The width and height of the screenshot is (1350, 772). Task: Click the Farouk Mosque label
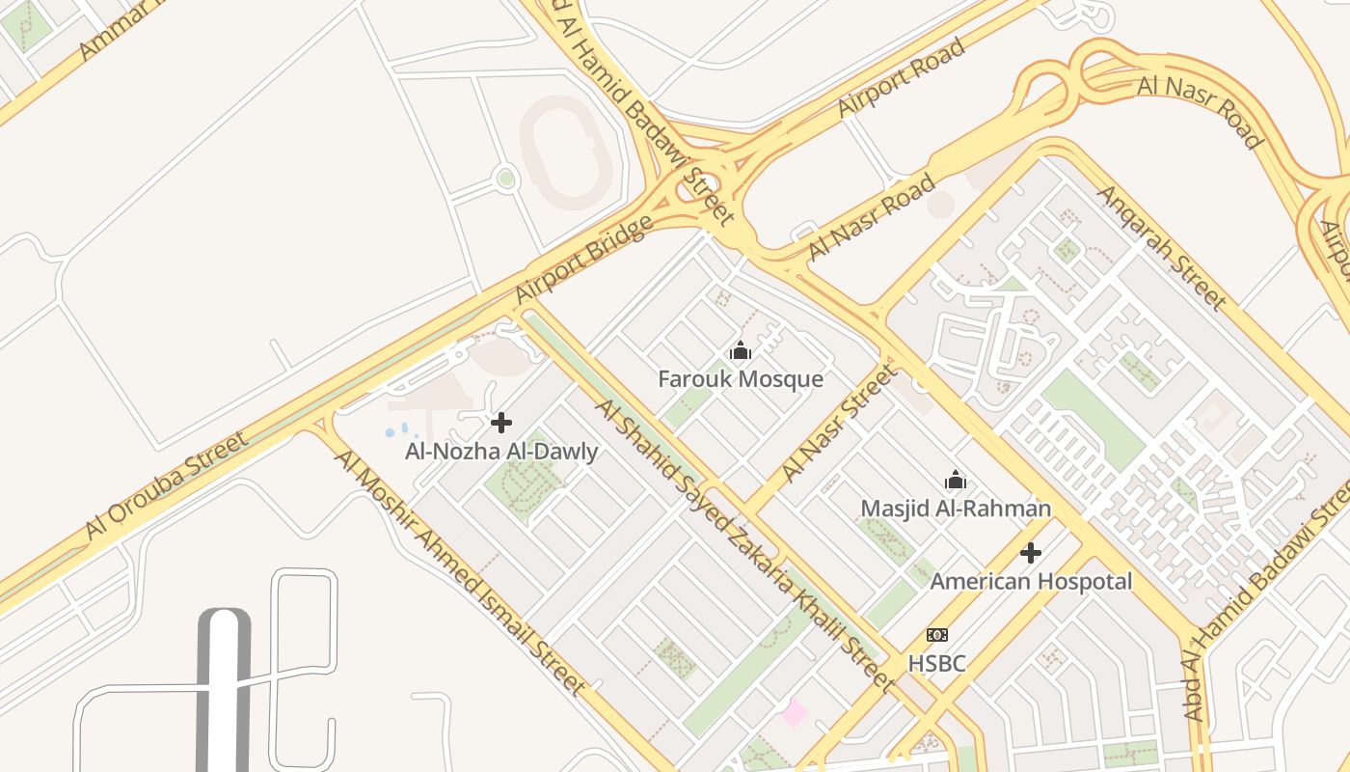(741, 378)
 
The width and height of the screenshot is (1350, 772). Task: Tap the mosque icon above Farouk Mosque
(741, 351)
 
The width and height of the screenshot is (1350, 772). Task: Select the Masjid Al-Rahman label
(956, 508)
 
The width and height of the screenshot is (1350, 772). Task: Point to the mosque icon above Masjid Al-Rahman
(956, 480)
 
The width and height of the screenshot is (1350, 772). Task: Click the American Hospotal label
(1031, 582)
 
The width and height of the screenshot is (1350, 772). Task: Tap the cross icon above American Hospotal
(1031, 553)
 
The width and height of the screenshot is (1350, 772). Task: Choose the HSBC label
(936, 663)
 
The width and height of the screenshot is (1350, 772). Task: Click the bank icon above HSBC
(936, 635)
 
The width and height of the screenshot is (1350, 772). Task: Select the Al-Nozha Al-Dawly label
(501, 451)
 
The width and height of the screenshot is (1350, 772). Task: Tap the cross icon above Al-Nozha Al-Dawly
(501, 423)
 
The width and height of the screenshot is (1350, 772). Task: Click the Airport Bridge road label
(584, 260)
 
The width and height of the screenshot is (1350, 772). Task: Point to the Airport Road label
(901, 77)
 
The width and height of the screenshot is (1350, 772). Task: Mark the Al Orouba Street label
(166, 485)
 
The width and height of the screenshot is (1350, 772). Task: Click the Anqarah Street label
(1161, 247)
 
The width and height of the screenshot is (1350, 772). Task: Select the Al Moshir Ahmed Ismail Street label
(460, 570)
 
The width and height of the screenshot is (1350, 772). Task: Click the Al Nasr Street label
(838, 423)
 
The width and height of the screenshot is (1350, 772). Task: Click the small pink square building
(794, 713)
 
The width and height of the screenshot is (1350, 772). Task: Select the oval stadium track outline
(566, 152)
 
